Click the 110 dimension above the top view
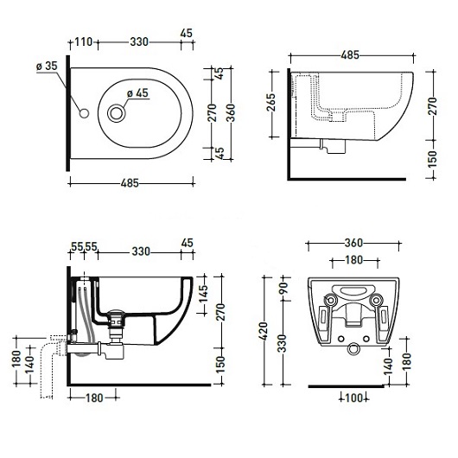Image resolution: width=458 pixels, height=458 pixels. coord(84,41)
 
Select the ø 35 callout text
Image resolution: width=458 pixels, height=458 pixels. coord(47,66)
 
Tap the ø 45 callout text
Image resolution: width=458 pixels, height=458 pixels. coord(137,93)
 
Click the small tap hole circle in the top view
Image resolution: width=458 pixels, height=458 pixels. coord(84,113)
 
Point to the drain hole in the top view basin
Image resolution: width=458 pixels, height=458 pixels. coord(117,113)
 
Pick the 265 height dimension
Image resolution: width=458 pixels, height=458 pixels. coord(271,102)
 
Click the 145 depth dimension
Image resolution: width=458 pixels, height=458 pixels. coord(203,294)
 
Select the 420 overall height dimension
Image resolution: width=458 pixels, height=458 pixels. coord(264,331)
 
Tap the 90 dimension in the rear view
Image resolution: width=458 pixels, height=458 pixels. coord(283,288)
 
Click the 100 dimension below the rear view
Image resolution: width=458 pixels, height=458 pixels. coord(353,398)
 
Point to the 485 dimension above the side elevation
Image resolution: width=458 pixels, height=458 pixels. coord(350,55)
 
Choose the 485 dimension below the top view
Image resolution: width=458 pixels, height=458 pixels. coord(130,183)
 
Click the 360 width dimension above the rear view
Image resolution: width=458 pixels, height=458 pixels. coord(353,243)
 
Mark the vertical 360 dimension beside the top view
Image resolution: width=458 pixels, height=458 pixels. coord(231,112)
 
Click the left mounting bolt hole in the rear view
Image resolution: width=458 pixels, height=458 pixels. coord(331,300)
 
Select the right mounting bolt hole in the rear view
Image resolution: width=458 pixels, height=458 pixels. coord(376,300)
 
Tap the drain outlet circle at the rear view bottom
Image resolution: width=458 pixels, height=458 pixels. coord(353,349)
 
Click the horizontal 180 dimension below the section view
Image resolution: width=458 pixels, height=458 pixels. coord(94,398)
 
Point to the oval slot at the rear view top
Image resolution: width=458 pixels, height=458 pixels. coord(353,291)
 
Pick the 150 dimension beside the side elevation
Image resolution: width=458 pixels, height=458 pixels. coord(433,159)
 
